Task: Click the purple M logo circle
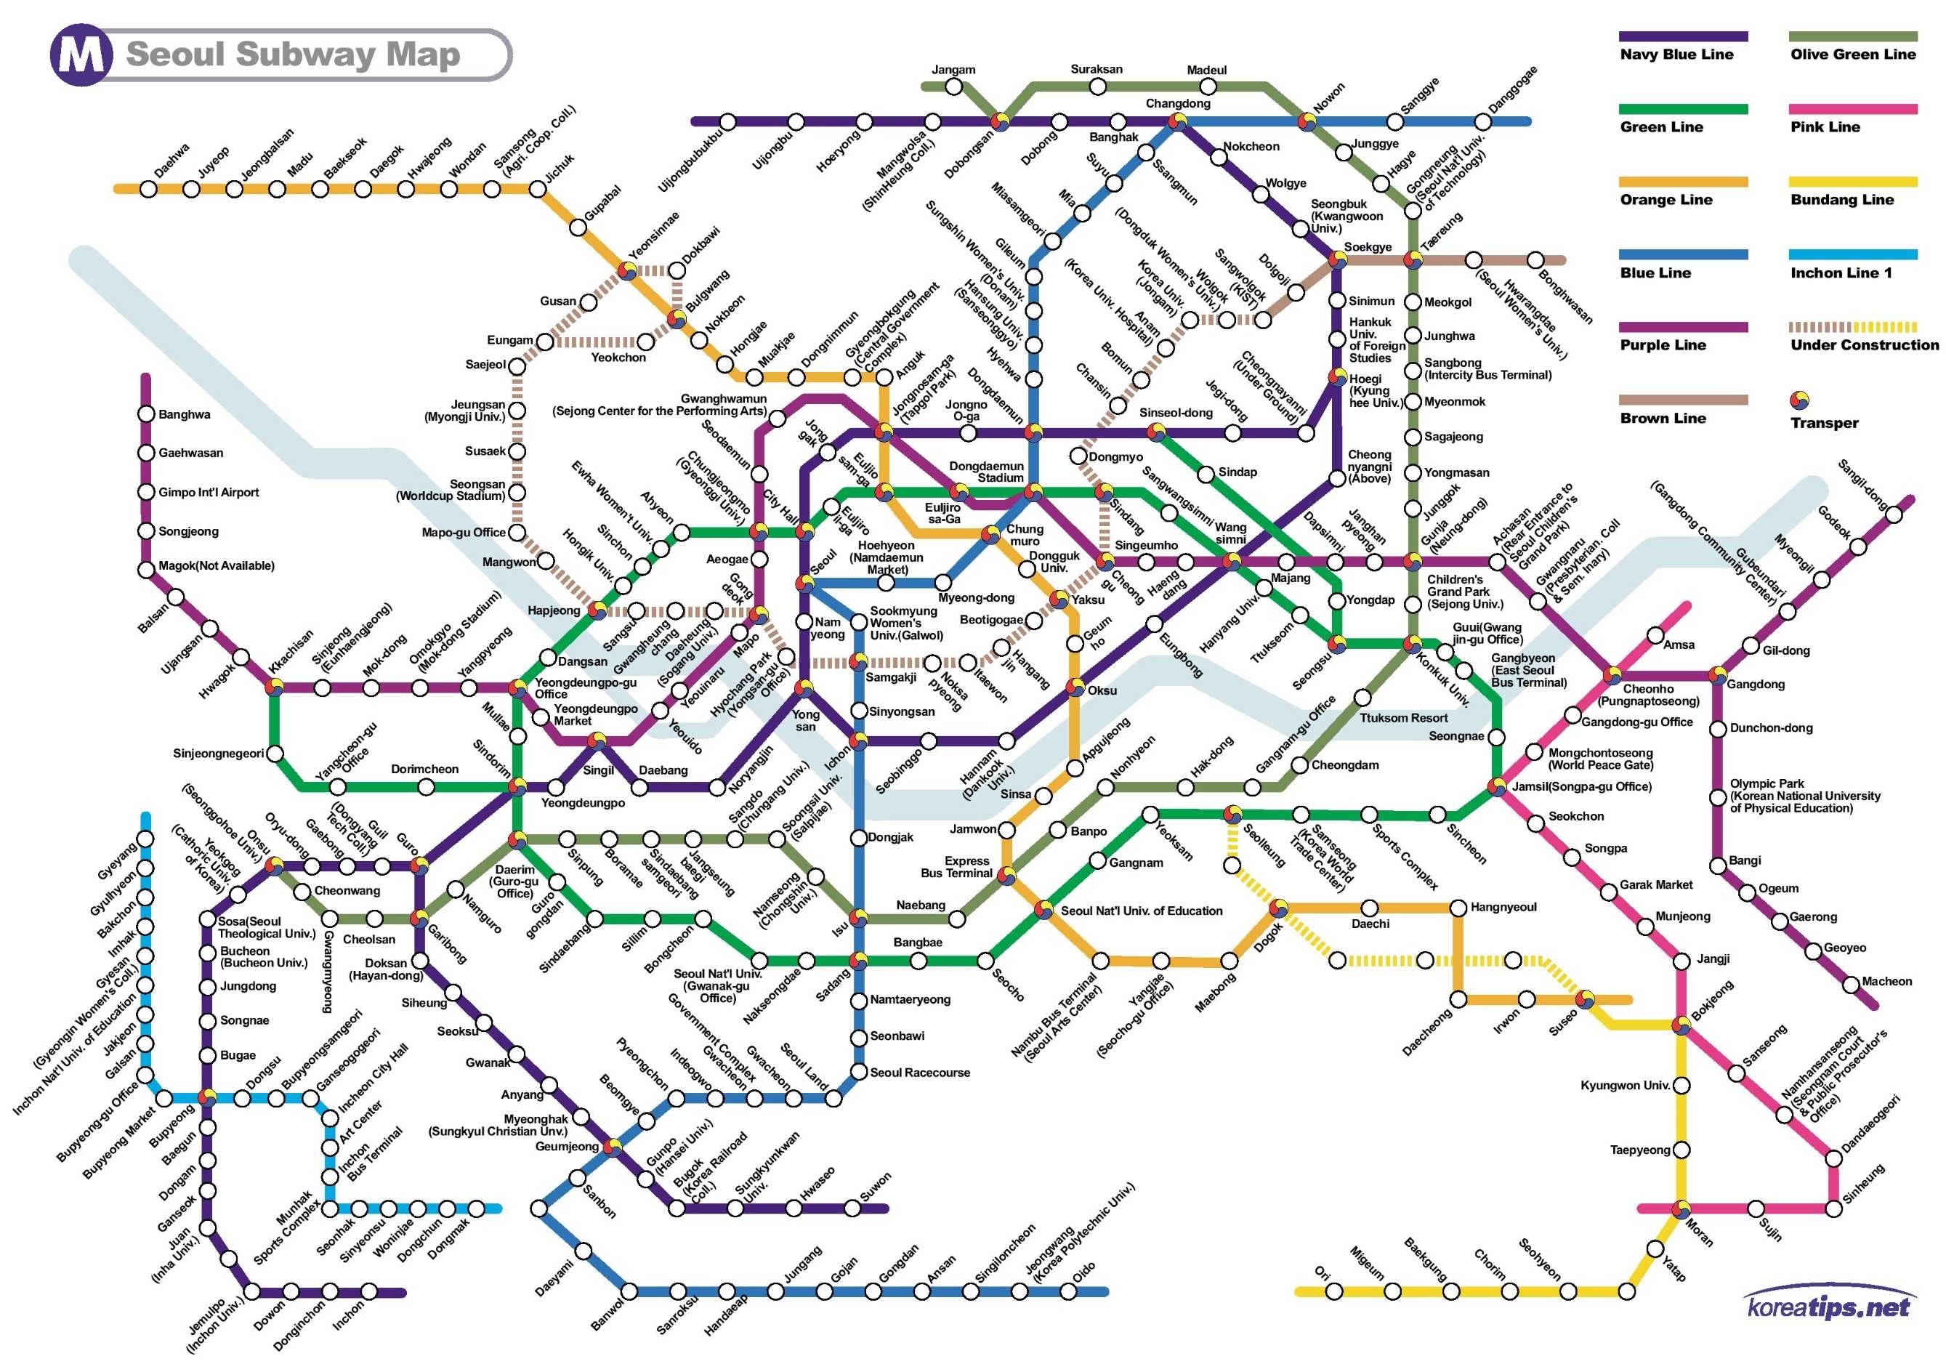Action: (x=81, y=56)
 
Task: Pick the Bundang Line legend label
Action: (x=1842, y=200)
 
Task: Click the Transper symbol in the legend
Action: (x=1798, y=400)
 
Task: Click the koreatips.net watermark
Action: (x=1828, y=1307)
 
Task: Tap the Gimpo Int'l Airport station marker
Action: (x=146, y=493)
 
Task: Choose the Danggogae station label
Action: (x=1513, y=88)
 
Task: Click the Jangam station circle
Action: (x=953, y=86)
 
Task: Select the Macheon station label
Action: (x=1886, y=982)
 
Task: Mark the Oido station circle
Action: (x=1068, y=1292)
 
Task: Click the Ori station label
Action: (x=1321, y=1272)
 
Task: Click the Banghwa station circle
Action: (x=146, y=414)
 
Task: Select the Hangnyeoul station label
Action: (x=1503, y=907)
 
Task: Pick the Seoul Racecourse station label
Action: (x=920, y=1073)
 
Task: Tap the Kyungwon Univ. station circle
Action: (x=1681, y=1086)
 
